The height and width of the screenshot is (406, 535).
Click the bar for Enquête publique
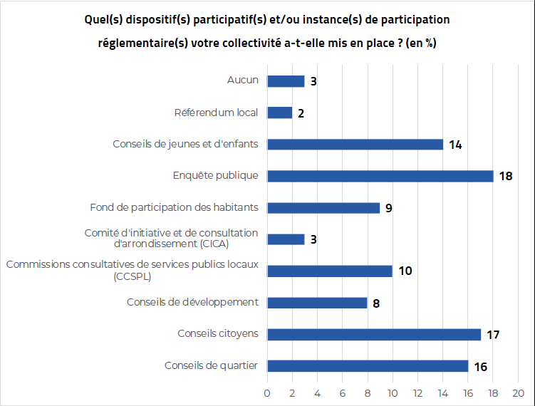tap(380, 176)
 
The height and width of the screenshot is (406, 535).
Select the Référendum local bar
tap(279, 113)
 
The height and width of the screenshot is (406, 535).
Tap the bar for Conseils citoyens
tap(374, 334)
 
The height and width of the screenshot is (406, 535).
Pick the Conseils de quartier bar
tap(368, 366)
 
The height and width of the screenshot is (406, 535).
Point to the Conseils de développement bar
tap(317, 303)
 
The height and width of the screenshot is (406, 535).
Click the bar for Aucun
tap(286, 81)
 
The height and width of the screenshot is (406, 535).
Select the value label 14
tap(456, 145)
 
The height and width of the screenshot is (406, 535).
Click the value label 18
tap(506, 176)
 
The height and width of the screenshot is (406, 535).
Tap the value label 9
tap(389, 208)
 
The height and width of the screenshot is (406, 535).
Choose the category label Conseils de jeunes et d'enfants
tap(185, 144)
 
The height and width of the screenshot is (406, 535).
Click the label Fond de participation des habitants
tap(174, 207)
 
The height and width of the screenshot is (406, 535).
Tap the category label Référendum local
tap(216, 113)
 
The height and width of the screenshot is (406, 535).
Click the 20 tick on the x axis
tap(518, 392)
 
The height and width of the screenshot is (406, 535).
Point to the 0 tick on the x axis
tap(267, 392)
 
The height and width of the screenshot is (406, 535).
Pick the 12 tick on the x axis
tap(417, 392)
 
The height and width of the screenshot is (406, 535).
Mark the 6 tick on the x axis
tap(343, 392)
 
